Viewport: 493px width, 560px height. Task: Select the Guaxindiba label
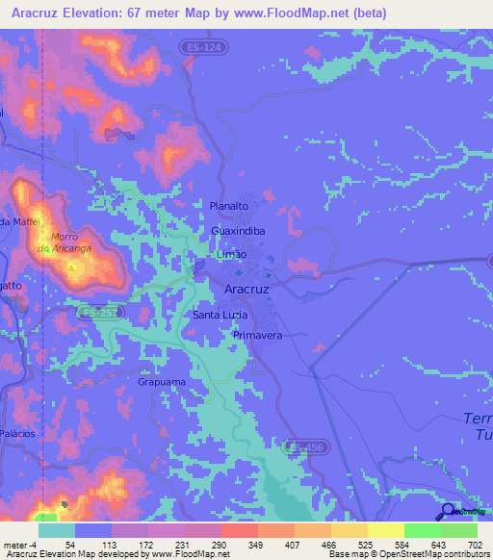[238, 232]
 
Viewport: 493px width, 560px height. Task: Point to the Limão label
[232, 255]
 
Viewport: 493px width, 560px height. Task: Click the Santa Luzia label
[221, 315]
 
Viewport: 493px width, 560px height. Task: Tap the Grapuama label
[161, 382]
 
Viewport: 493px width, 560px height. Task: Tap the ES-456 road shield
[307, 447]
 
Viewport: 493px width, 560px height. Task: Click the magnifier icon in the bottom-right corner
[449, 511]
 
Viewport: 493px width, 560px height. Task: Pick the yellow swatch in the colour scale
[385, 530]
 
